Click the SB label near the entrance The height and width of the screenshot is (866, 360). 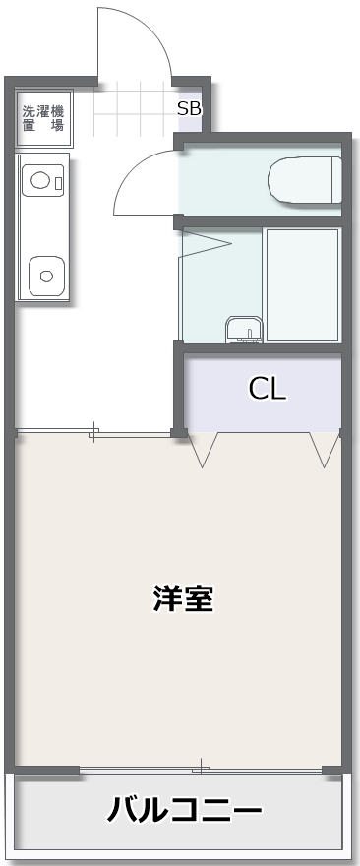pos(189,109)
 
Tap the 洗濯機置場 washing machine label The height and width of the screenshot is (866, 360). pos(43,118)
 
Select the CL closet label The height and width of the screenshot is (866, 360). pos(268,389)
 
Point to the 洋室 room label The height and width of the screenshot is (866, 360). pos(183,598)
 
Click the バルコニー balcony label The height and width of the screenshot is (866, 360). pos(184,811)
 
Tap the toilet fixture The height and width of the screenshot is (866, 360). pos(305,181)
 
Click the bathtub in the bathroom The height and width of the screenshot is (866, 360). pos(303,285)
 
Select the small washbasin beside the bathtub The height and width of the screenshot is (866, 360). pos(243,330)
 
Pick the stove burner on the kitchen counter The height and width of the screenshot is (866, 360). pos(39,180)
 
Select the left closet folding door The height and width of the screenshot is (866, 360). pos(203,450)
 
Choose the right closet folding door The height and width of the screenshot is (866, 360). pos(325,450)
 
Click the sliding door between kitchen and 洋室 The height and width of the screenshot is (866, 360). pos(93,432)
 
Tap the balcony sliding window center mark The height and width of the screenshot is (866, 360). pos(201,769)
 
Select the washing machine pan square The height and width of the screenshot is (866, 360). pos(44,118)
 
